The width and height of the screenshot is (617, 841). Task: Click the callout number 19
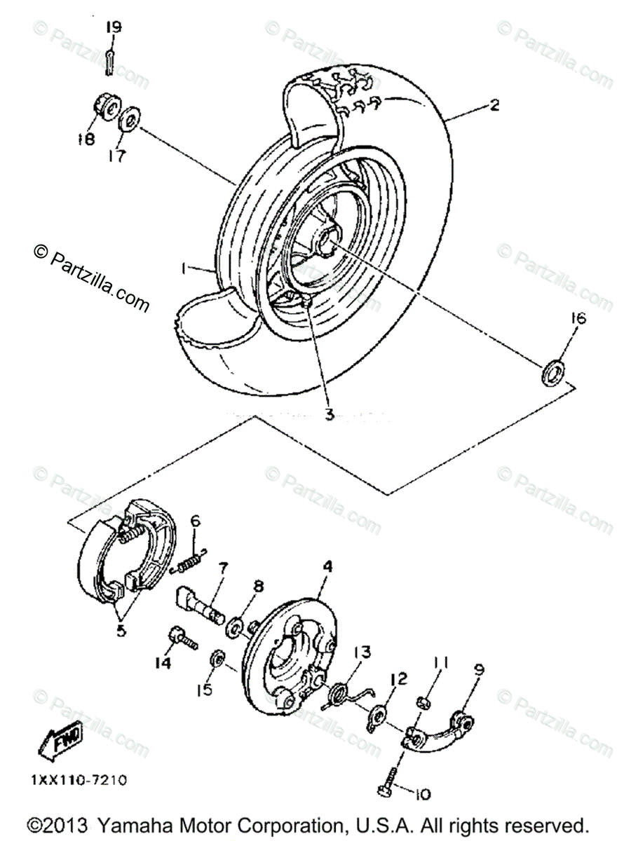point(114,27)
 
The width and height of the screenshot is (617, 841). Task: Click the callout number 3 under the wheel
point(328,414)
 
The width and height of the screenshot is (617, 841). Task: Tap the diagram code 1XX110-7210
point(79,779)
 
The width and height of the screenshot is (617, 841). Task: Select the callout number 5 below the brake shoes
point(121,630)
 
